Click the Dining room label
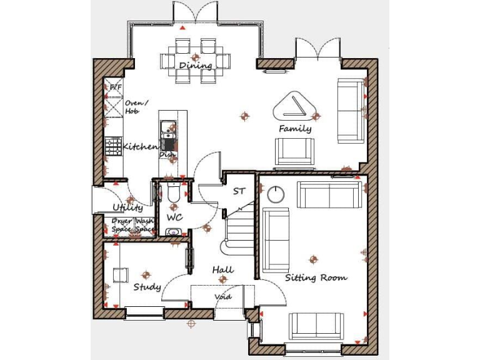pyautogui.click(x=196, y=66)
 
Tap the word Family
pyautogui.click(x=295, y=129)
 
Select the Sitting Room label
pyautogui.click(x=316, y=277)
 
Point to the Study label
pyautogui.click(x=147, y=287)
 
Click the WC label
pyautogui.click(x=174, y=217)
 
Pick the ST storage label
pyautogui.click(x=239, y=191)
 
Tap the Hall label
pyautogui.click(x=222, y=269)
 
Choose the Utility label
pyautogui.click(x=127, y=207)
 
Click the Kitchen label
pyautogui.click(x=140, y=146)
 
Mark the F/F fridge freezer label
pyautogui.click(x=116, y=87)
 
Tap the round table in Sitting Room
pyautogui.click(x=276, y=194)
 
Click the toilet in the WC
pyautogui.click(x=174, y=195)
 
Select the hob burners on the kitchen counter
pyautogui.click(x=113, y=146)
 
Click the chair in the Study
pyautogui.click(x=121, y=274)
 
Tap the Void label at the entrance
pyautogui.click(x=223, y=297)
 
